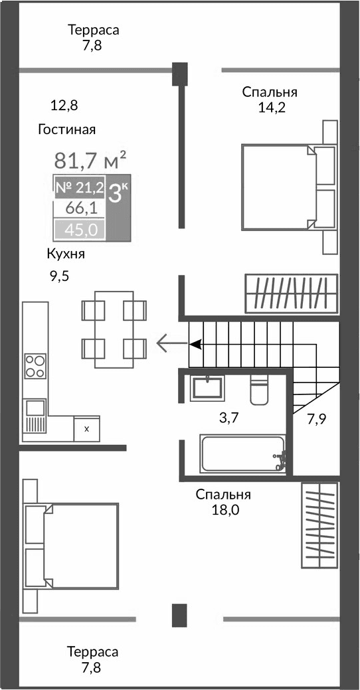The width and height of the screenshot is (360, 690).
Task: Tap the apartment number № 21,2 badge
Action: pos(78,188)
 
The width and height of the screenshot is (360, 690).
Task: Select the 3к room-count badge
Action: pos(119,193)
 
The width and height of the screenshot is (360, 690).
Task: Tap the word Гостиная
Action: pos(67,129)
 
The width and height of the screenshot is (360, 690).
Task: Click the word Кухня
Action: pos(66,254)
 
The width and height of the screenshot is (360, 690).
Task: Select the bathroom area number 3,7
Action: pos(229,418)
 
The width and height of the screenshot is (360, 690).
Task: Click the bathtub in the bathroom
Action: pos(242,454)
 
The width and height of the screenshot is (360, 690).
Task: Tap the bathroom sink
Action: pos(207,388)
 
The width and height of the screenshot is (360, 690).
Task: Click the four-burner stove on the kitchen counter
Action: pos(35,366)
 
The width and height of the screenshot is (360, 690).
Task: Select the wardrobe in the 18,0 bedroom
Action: pos(320,525)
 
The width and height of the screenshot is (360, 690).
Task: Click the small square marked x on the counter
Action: pos(86,429)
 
